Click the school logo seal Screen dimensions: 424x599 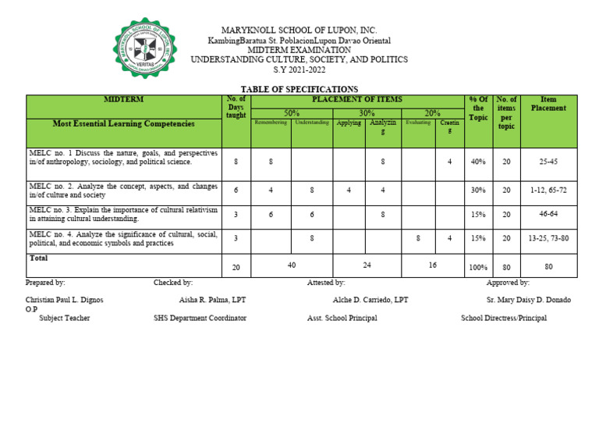pos(145,48)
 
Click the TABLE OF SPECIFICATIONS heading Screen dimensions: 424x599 pos(299,90)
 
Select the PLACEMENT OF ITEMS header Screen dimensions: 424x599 pos(356,100)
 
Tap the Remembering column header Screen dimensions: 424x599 pos(271,123)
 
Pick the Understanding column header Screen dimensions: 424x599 pos(312,123)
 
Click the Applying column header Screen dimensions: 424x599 pos(349,123)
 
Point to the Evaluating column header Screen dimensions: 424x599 pos(418,123)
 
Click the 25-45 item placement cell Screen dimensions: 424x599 pos(548,162)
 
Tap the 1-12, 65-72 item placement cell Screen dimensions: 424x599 pos(548,190)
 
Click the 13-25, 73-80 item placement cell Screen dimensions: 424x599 pos(548,238)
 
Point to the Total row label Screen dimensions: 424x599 pos(38,258)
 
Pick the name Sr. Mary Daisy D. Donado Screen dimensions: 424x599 pos(528,300)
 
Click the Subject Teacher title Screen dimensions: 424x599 pos(64,319)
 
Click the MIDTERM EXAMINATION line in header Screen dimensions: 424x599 pos(299,50)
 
